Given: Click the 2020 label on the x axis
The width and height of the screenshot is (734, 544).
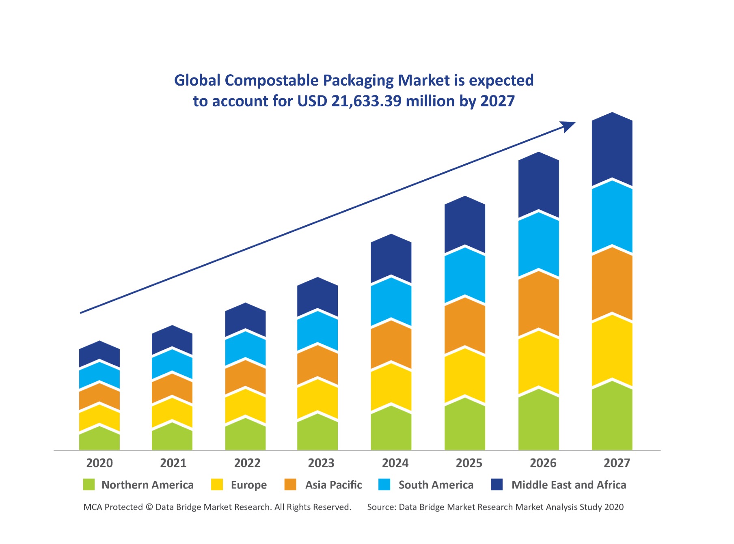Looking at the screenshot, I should [99, 463].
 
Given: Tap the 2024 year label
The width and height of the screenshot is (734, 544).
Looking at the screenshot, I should [395, 463].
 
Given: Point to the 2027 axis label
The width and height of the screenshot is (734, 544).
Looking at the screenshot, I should [617, 463].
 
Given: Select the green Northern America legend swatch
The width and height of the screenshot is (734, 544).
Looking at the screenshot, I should [89, 484].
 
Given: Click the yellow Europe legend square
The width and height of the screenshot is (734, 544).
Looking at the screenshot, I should [217, 484].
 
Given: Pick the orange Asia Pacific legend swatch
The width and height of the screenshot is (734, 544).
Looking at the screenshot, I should [290, 484].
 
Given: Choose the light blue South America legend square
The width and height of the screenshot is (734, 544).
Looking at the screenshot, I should [384, 484].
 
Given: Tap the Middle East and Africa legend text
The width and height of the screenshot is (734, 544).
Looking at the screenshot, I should [568, 485].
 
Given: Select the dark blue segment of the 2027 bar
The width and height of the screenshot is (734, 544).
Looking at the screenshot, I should [612, 150].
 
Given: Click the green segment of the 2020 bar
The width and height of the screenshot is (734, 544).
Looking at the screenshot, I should [99, 440].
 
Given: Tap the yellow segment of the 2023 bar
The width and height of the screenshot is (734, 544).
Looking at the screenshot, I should [317, 400].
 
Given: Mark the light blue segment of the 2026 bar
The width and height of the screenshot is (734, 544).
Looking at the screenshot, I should [539, 245].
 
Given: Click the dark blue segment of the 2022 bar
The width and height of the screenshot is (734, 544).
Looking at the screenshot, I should [246, 320].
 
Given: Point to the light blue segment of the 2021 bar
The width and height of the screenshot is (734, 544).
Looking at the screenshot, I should [172, 364].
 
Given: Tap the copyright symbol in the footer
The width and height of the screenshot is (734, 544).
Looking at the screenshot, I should [149, 507].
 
